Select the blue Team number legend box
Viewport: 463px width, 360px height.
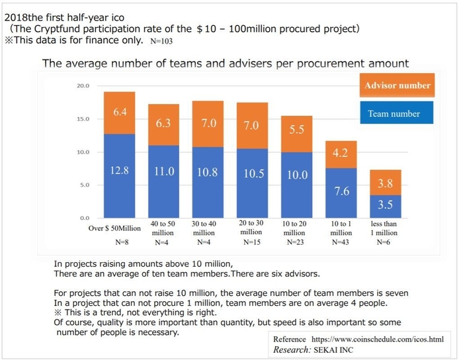[394, 114]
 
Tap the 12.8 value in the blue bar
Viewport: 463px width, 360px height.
[120, 170]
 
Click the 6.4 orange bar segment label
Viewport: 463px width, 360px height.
[120, 112]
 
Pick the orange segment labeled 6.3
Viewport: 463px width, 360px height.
[163, 122]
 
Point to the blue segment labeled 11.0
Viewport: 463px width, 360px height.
[163, 171]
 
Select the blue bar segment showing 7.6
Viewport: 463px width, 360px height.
[341, 191]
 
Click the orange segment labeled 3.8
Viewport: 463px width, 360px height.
[385, 183]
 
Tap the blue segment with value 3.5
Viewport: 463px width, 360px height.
[385, 205]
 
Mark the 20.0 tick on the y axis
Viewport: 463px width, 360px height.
[82, 86]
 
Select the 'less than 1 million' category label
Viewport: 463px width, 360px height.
[384, 228]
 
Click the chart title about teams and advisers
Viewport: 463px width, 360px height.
[225, 64]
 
